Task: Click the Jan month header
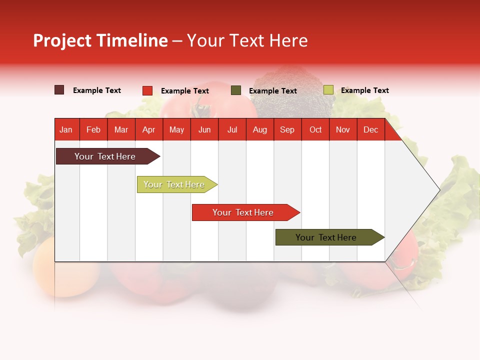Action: [x=66, y=129]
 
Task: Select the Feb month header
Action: [x=93, y=129]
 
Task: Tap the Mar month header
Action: [x=121, y=129]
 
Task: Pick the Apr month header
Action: [x=149, y=129]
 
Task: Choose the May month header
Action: [x=176, y=129]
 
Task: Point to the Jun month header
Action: [x=204, y=129]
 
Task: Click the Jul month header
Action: [x=232, y=129]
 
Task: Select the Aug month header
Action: [x=260, y=129]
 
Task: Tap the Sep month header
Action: [x=287, y=129]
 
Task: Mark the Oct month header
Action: [x=315, y=129]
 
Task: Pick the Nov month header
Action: [x=343, y=129]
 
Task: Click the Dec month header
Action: [x=371, y=129]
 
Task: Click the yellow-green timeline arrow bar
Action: [x=175, y=184]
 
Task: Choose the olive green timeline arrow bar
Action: [x=327, y=237]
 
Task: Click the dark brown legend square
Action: [x=59, y=90]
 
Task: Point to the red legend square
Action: [x=147, y=90]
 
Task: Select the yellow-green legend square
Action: [x=328, y=90]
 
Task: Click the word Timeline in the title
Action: [x=132, y=40]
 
